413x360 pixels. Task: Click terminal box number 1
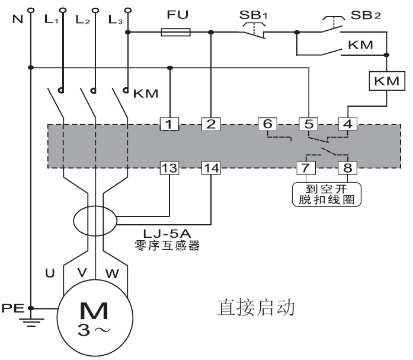click(x=170, y=124)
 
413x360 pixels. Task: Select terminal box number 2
click(x=210, y=124)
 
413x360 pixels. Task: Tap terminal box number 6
click(x=267, y=124)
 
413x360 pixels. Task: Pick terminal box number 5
click(x=308, y=124)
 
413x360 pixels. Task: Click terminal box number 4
click(x=346, y=124)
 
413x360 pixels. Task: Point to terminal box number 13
click(x=170, y=168)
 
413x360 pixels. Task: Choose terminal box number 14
click(x=210, y=168)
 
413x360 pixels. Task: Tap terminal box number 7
click(x=306, y=168)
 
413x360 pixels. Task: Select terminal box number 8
click(x=346, y=168)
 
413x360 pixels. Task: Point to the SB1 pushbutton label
click(x=253, y=14)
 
